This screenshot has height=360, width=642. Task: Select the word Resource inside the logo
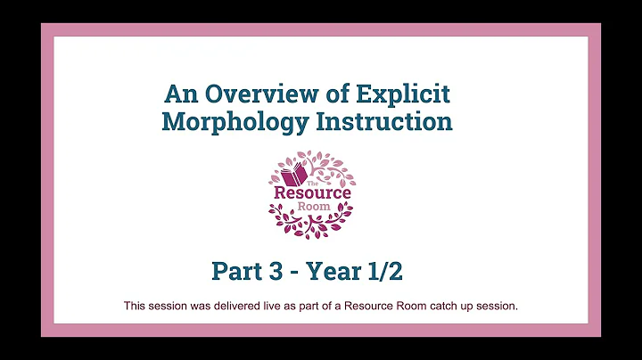coord(311,192)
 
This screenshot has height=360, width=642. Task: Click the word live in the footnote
coord(264,306)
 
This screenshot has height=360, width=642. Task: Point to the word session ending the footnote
coord(497,306)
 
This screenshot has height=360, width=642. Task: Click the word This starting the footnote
coord(135,306)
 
